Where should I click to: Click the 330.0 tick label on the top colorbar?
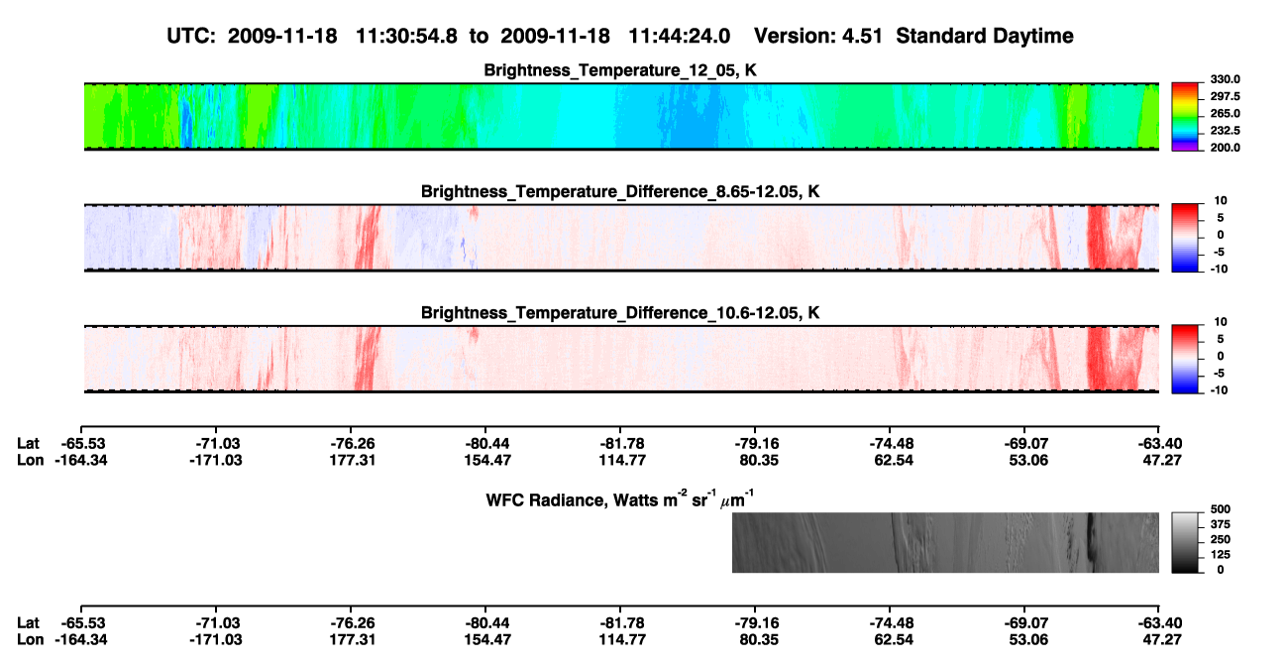coord(1225,79)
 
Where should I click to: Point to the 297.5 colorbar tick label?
coord(1225,96)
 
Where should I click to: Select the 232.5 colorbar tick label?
coord(1225,131)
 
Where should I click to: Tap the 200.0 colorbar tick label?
coord(1225,148)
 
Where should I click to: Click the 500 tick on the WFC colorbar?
coord(1221,509)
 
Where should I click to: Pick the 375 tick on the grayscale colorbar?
coord(1221,524)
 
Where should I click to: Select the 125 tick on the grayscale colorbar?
coord(1221,555)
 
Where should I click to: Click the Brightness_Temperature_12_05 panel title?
coord(620,70)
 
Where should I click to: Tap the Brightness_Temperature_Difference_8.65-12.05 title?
coord(620,191)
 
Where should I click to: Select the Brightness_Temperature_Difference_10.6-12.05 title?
coord(620,313)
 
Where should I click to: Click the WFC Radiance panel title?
coord(620,499)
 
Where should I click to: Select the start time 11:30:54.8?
coord(406,37)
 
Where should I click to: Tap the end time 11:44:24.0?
coord(679,37)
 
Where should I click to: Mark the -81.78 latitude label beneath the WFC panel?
coord(621,623)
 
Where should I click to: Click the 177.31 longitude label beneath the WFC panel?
coord(352,640)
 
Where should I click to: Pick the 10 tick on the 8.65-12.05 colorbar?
coord(1221,201)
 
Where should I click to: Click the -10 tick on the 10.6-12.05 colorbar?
coord(1219,390)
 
